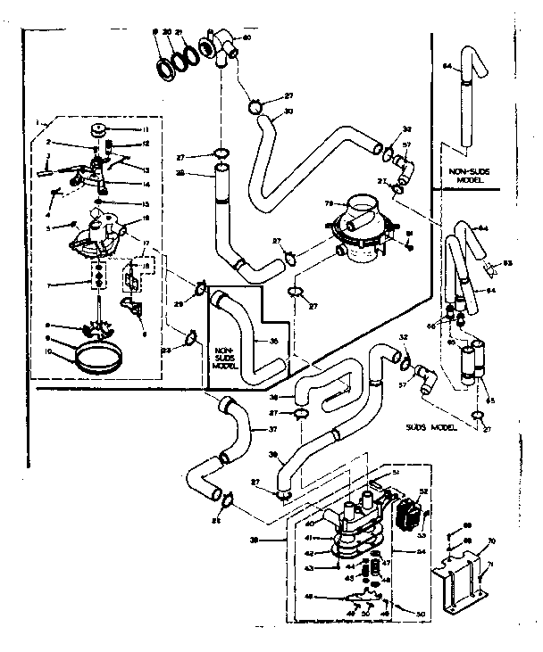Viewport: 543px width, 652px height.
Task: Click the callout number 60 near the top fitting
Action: click(246, 37)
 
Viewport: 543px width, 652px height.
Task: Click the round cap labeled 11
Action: click(96, 131)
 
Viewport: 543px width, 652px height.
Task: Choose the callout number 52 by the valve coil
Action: click(423, 491)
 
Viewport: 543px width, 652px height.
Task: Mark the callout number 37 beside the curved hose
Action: click(272, 427)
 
